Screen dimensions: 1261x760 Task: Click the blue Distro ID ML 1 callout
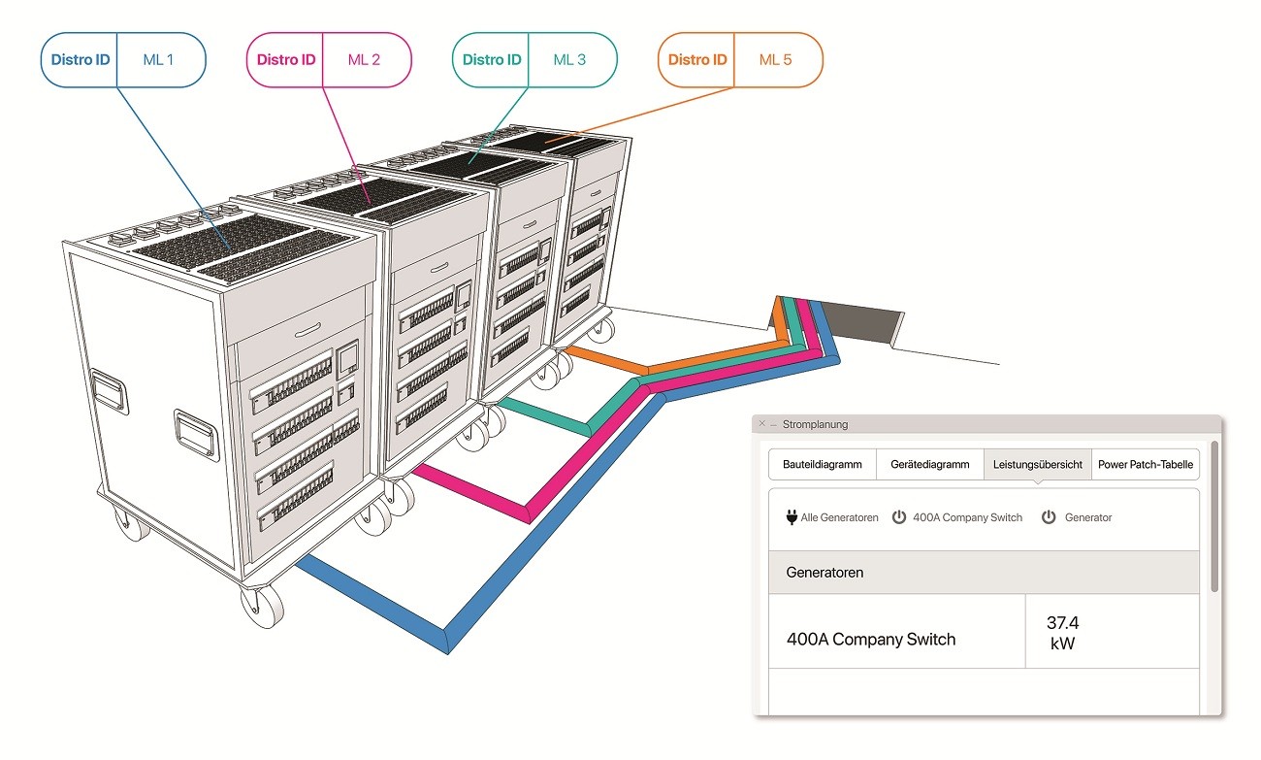pos(123,60)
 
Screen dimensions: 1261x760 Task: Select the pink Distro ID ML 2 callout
pos(329,60)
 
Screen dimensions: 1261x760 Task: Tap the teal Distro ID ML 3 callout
pos(534,60)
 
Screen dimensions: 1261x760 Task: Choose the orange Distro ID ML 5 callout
pos(740,60)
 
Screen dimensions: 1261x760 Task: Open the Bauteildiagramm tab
pos(822,464)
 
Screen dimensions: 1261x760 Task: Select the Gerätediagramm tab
pos(930,464)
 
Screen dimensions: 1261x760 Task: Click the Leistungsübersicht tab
pos(1038,464)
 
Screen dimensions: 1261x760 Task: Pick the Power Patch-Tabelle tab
pos(1146,464)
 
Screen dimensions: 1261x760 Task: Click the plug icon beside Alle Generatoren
pos(792,516)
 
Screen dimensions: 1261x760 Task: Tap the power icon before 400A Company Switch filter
pos(899,516)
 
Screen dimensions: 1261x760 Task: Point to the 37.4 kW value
pos(1062,633)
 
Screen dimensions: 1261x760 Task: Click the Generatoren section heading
pos(824,573)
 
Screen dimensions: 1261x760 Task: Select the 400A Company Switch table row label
pos(871,640)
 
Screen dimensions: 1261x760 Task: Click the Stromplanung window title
pos(815,424)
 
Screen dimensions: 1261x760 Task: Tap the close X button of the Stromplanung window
pos(762,423)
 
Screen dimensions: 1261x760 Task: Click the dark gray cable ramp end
pos(861,323)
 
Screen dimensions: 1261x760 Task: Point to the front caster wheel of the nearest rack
pos(262,607)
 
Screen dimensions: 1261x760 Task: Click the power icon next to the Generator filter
pos(1049,516)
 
